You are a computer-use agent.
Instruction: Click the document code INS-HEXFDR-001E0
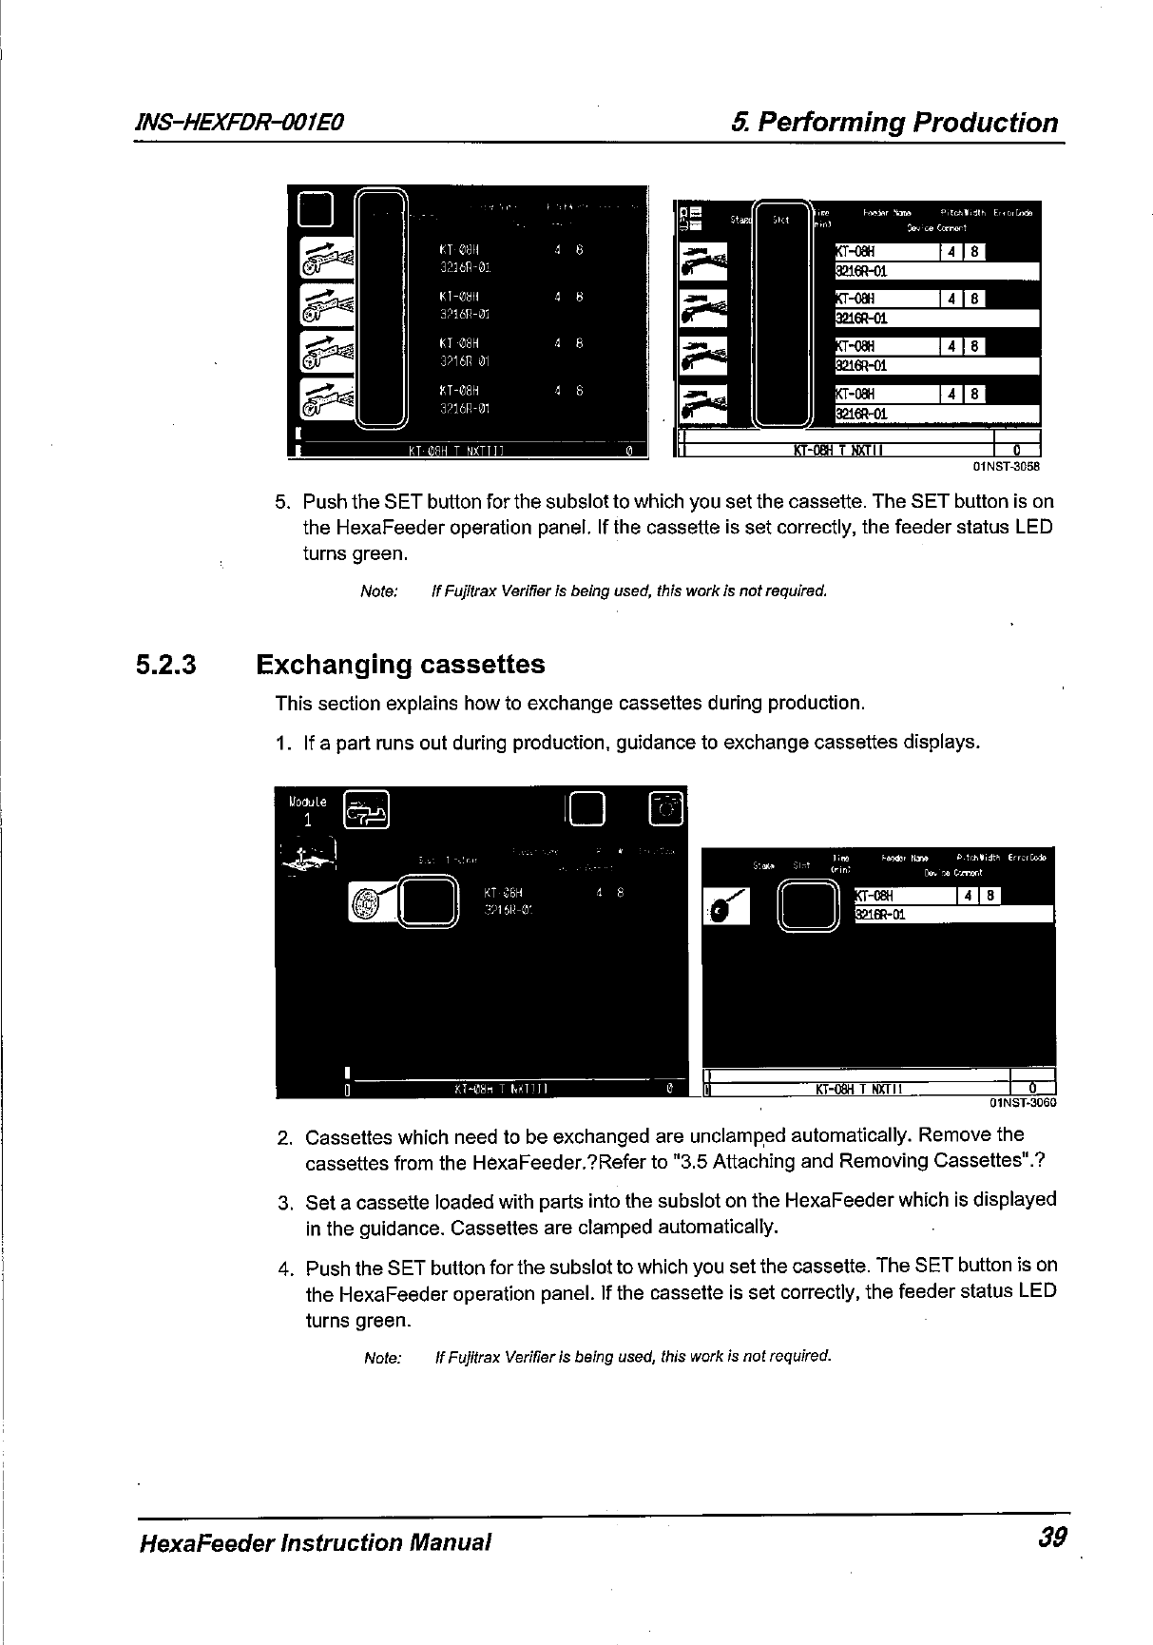[x=240, y=122]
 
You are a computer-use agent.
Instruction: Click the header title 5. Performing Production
[x=894, y=123]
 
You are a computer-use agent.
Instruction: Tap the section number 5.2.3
[x=165, y=664]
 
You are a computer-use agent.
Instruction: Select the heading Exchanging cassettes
[x=400, y=664]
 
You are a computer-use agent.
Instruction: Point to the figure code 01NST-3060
[x=1023, y=1103]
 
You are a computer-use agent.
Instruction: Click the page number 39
[x=1052, y=1537]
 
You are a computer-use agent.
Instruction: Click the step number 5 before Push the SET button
[x=280, y=502]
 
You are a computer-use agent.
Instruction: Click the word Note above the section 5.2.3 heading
[x=378, y=591]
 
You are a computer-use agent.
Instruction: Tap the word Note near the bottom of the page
[x=383, y=1357]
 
